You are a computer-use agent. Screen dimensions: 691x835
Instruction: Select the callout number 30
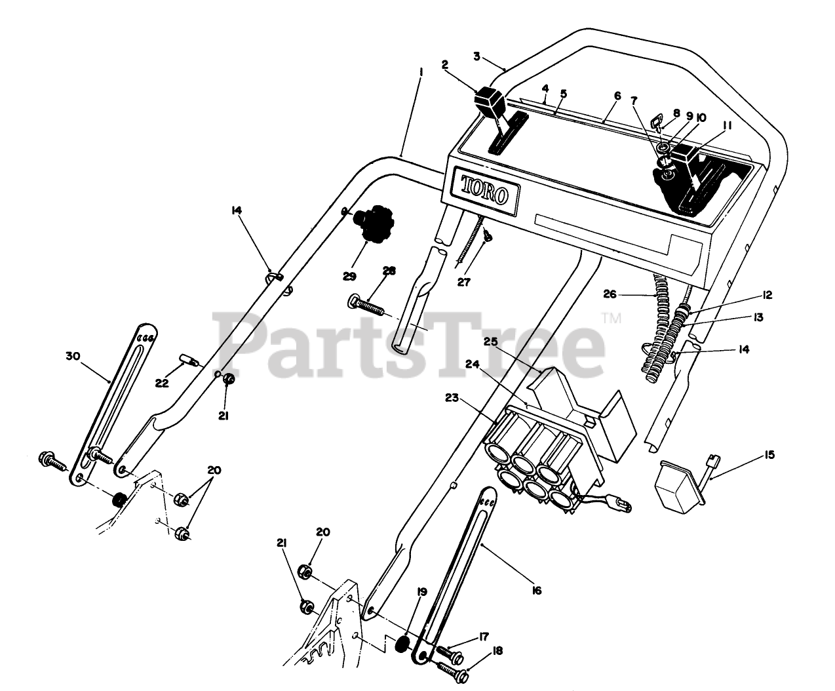73,356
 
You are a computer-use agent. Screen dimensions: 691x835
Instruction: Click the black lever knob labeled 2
488,102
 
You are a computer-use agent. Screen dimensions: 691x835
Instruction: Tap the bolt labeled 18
454,669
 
